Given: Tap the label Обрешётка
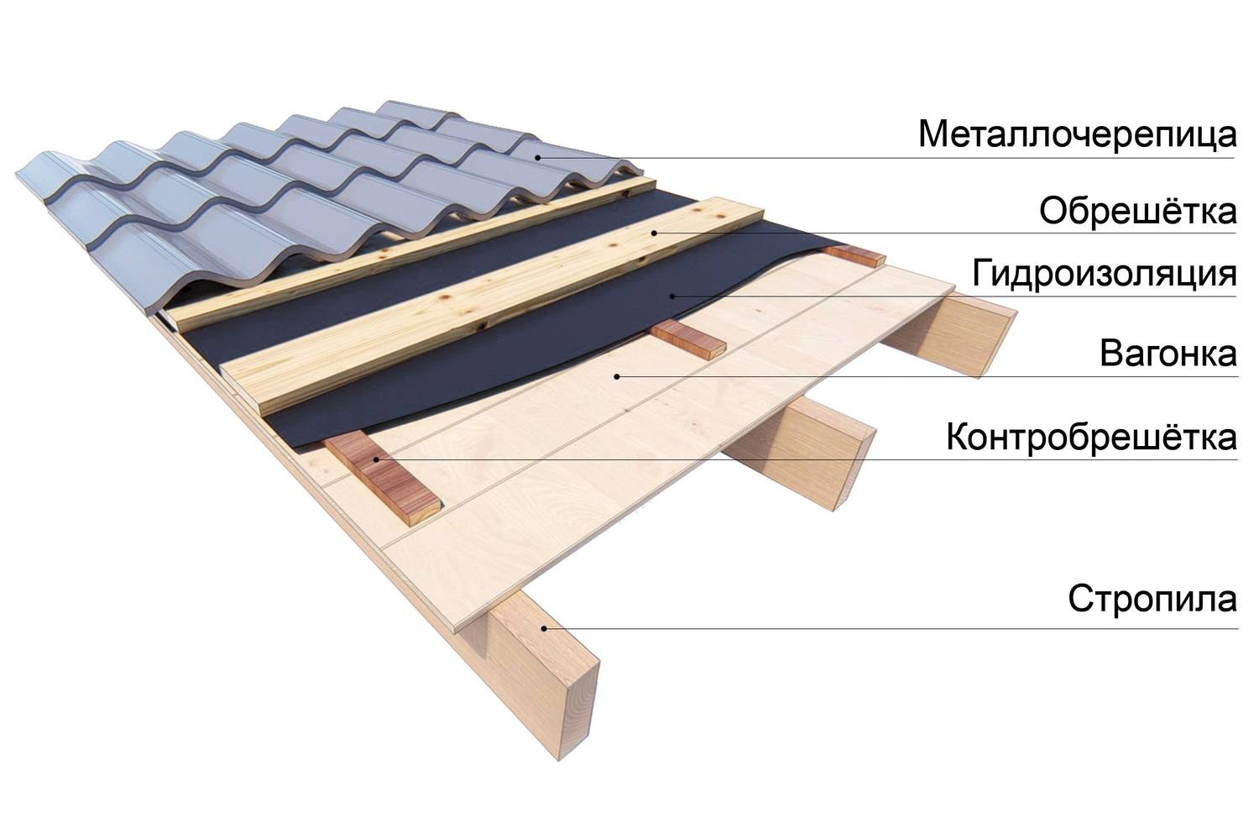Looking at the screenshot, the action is pyautogui.click(x=1138, y=211).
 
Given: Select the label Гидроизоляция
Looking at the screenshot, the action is pyautogui.click(x=1105, y=274).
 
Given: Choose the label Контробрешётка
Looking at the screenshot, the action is pyautogui.click(x=1092, y=437).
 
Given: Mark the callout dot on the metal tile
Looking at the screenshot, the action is pyautogui.click(x=537, y=158).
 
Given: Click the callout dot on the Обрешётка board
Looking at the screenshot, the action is pyautogui.click(x=654, y=233).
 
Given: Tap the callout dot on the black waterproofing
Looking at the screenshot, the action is pyautogui.click(x=672, y=296).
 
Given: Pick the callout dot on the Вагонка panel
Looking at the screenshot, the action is pyautogui.click(x=617, y=377).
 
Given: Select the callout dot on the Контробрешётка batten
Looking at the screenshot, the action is pyautogui.click(x=376, y=460).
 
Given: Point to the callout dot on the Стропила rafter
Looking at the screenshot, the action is pyautogui.click(x=544, y=628).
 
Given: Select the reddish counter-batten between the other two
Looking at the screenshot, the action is pyautogui.click(x=688, y=338).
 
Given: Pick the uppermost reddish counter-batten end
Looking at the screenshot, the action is pyautogui.click(x=854, y=256).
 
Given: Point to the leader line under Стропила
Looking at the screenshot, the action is pyautogui.click(x=891, y=628).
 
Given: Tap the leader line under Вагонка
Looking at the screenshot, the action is pyautogui.click(x=927, y=377).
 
